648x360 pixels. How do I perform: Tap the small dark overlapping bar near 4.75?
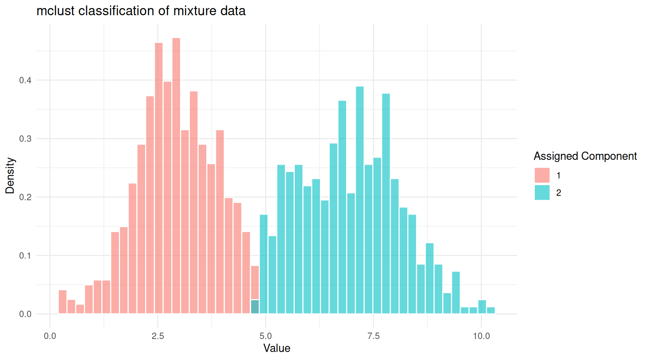255,307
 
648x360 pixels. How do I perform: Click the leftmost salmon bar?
63,302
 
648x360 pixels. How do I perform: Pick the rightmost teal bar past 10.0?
490,310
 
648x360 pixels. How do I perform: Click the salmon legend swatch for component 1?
542,175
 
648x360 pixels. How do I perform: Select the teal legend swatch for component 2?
542,192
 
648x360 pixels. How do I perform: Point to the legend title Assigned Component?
585,156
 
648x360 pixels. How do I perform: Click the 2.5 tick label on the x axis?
158,336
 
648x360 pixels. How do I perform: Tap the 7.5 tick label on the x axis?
373,336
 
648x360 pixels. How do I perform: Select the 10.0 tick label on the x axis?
481,336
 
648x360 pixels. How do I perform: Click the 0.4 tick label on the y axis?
25,80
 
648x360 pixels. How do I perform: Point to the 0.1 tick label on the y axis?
25,256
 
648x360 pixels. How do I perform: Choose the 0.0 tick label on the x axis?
50,336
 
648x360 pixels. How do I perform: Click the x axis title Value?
277,348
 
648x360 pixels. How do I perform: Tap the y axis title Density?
10,175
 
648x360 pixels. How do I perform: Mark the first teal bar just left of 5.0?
264,264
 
